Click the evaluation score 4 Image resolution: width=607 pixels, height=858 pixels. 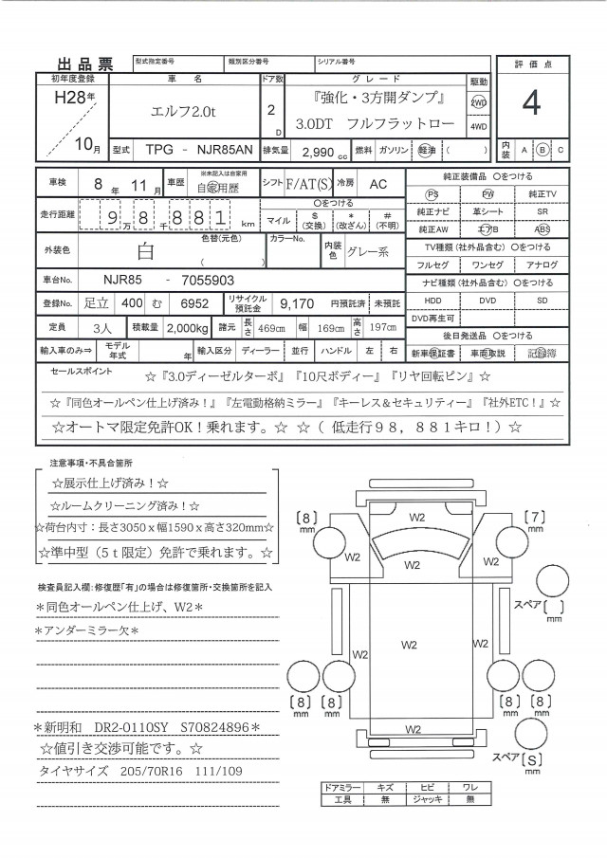coord(530,105)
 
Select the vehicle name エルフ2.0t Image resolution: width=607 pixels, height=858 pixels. coord(184,112)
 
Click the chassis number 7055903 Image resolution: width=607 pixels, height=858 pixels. coord(212,281)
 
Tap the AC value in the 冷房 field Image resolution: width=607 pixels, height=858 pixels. coord(377,182)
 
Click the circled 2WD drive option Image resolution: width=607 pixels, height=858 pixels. coord(479,102)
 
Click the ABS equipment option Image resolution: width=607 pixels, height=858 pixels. coord(542,228)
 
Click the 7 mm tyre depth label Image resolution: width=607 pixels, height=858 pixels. coord(535,518)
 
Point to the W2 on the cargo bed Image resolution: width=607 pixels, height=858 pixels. coord(410,645)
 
